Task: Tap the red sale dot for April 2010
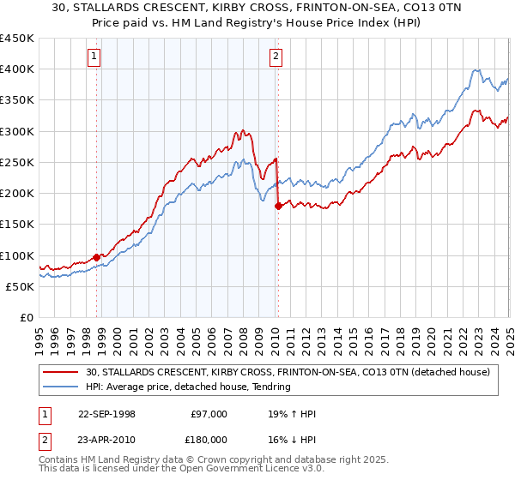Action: (278, 206)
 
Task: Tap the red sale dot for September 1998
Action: (96, 256)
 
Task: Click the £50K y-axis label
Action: (20, 286)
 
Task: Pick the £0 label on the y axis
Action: (27, 317)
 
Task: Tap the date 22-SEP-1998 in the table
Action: (106, 414)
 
